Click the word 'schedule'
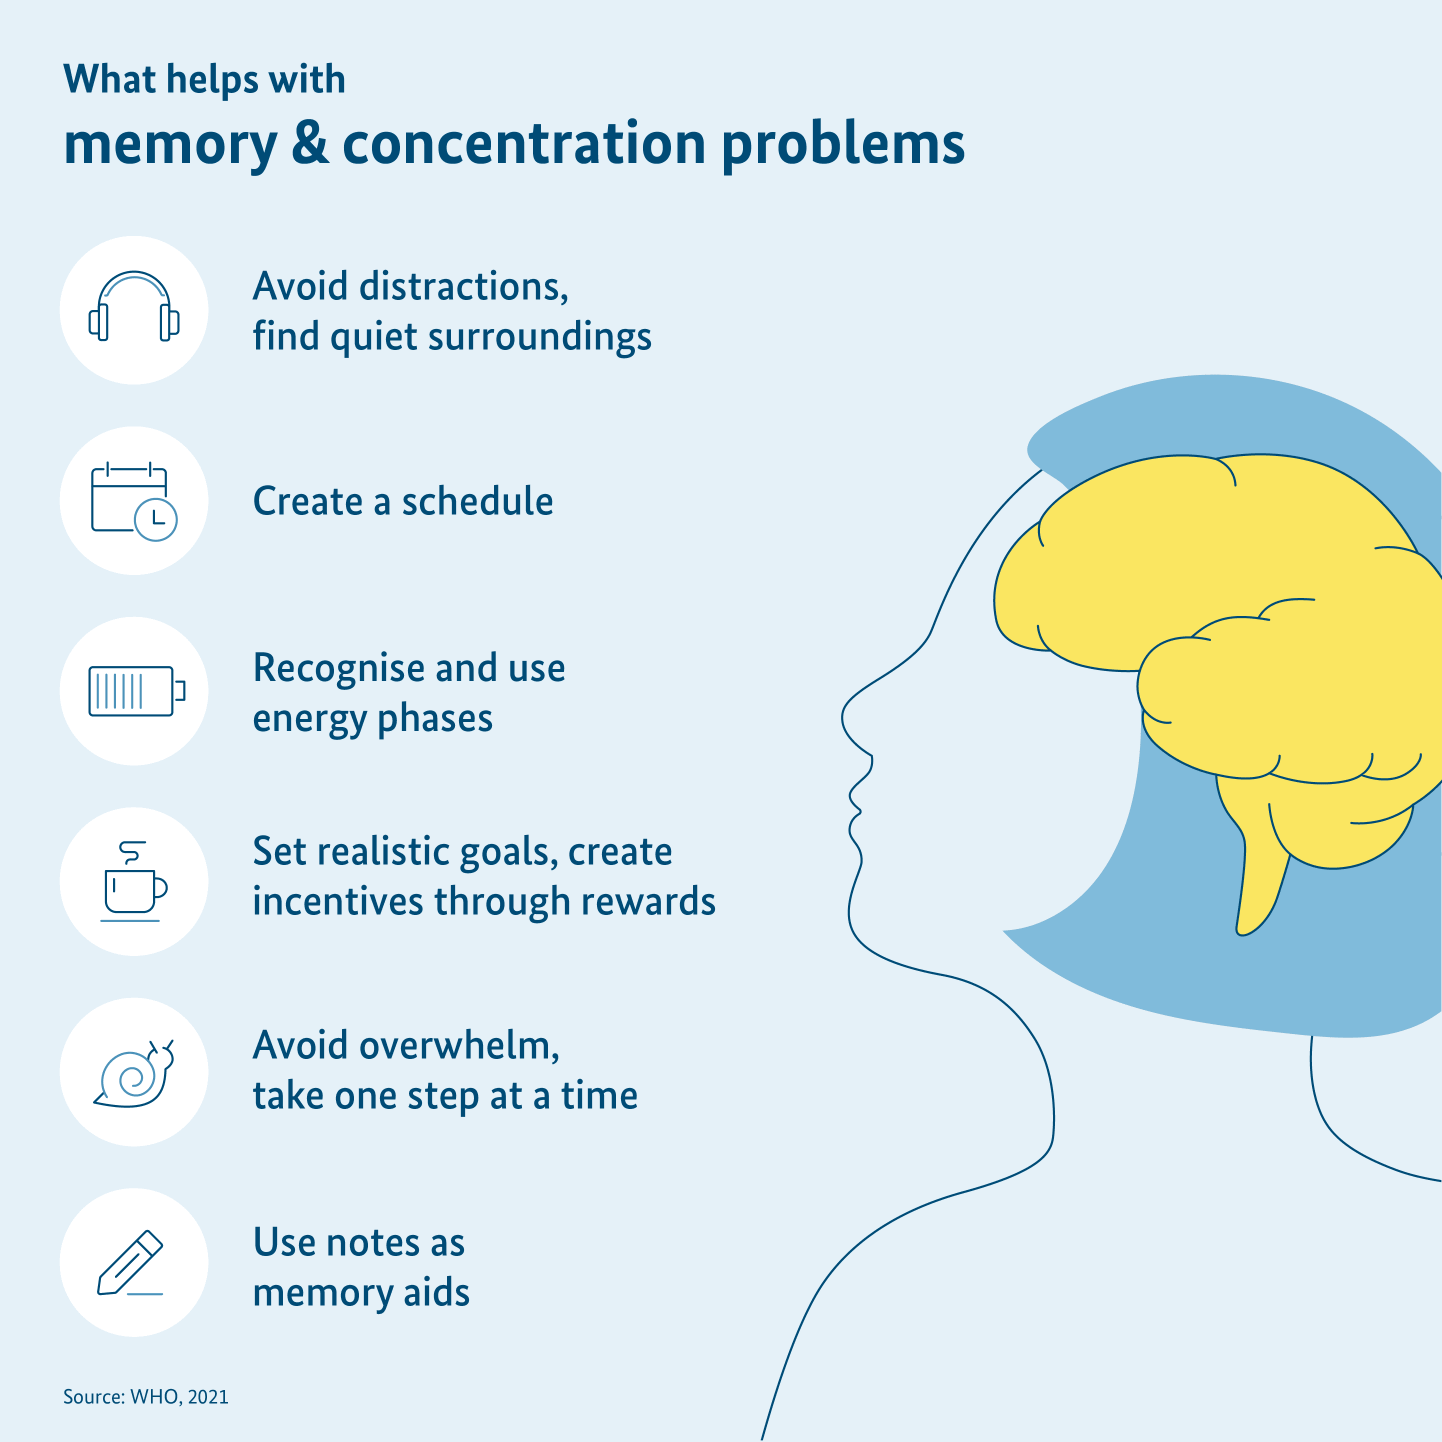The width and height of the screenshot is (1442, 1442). point(477,501)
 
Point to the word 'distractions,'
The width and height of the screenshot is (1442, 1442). point(463,286)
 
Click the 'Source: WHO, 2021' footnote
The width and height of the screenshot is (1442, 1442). point(145,1396)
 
